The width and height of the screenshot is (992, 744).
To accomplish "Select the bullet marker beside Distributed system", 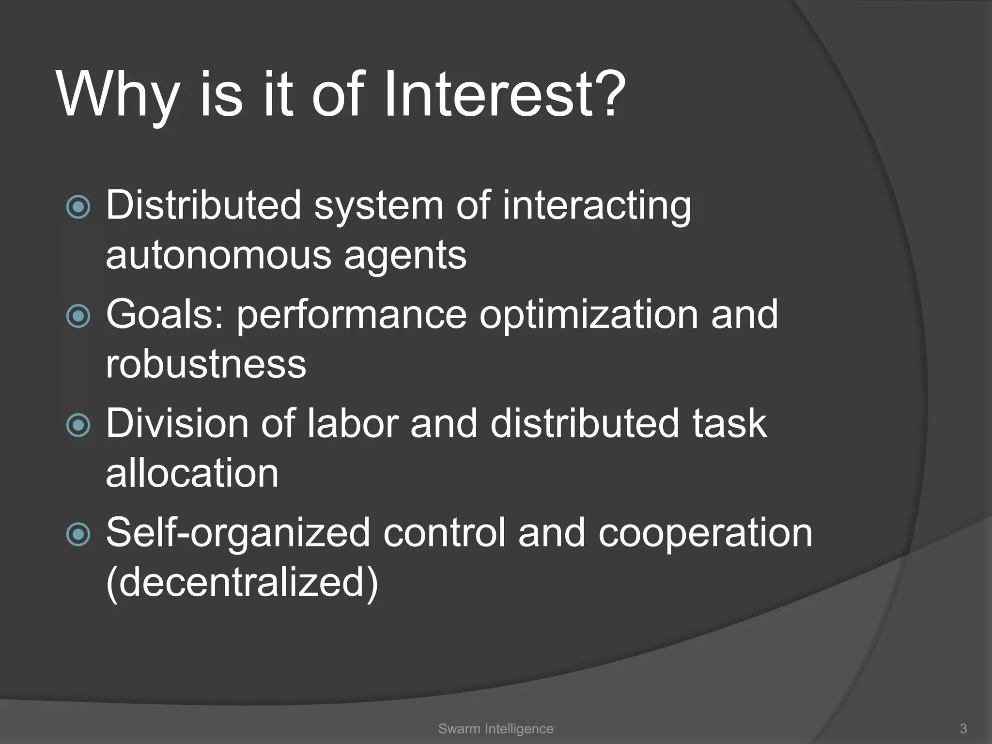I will (x=78, y=207).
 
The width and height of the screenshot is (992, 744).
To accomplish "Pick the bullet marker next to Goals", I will (x=78, y=316).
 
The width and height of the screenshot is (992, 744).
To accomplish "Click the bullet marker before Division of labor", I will (x=78, y=425).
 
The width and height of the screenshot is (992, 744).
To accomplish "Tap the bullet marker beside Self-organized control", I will (x=78, y=534).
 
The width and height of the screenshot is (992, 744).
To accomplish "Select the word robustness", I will (x=206, y=364).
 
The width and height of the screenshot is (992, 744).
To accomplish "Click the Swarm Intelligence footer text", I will (x=496, y=728).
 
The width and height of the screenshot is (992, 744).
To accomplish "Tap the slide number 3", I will (x=963, y=728).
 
